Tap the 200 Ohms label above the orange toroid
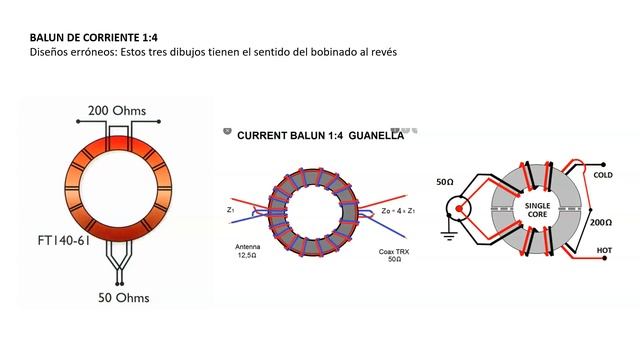pyautogui.click(x=119, y=110)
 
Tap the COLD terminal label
pyautogui.click(x=603, y=174)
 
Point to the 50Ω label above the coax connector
pyautogui.click(x=446, y=183)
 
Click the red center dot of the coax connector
pyautogui.click(x=458, y=211)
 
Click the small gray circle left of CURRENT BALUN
pyautogui.click(x=229, y=131)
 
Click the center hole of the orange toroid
pyautogui.click(x=119, y=196)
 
